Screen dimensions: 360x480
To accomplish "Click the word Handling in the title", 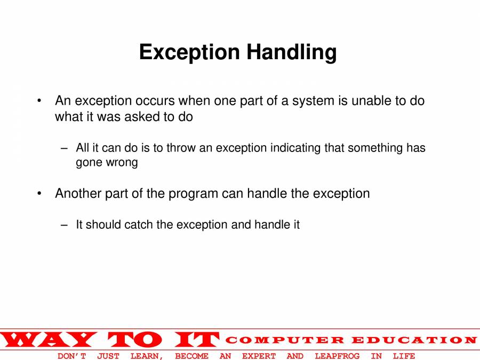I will pos(291,53).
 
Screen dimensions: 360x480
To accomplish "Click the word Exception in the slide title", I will pos(189,53).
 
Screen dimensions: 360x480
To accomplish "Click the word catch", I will pos(139,225).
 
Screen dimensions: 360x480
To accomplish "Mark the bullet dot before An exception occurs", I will pos(39,101).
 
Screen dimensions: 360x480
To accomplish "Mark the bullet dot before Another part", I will pos(39,193).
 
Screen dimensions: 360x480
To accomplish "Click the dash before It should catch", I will pos(65,225).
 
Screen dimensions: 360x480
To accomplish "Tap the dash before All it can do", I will pos(65,148).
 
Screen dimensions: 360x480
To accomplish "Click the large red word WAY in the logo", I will pos(49,340).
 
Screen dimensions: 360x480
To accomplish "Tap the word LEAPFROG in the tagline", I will pos(337,356).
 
